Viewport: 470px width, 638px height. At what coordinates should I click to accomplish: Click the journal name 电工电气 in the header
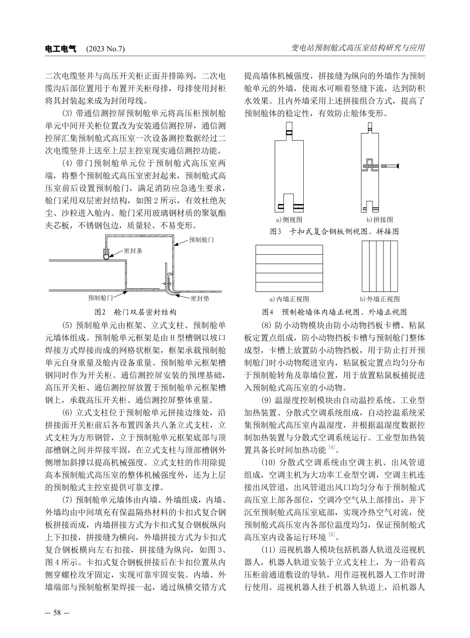click(x=61, y=49)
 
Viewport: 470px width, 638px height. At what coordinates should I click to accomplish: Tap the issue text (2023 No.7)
click(x=105, y=49)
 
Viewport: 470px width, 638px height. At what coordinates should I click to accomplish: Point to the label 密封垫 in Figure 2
click(x=200, y=298)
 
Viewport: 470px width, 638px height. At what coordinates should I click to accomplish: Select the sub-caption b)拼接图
click(x=379, y=219)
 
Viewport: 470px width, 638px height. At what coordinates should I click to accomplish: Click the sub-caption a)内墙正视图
click(x=289, y=299)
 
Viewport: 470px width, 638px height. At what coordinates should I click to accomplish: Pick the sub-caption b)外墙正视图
click(x=380, y=299)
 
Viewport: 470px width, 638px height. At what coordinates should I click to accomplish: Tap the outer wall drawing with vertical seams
click(x=379, y=268)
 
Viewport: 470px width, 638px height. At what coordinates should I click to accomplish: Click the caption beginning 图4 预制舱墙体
click(x=334, y=312)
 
